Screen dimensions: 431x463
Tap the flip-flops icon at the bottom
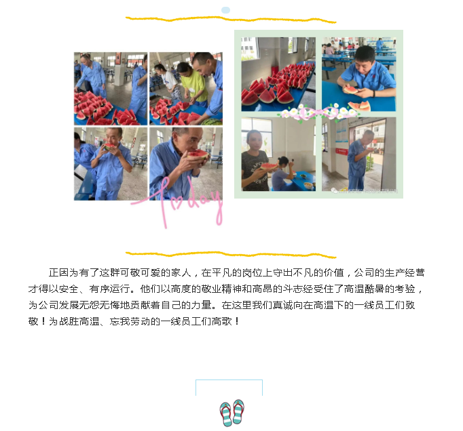click(x=232, y=412)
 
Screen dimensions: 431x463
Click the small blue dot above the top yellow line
click(x=225, y=10)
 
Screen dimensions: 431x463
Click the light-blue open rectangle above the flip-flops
click(x=229, y=388)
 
